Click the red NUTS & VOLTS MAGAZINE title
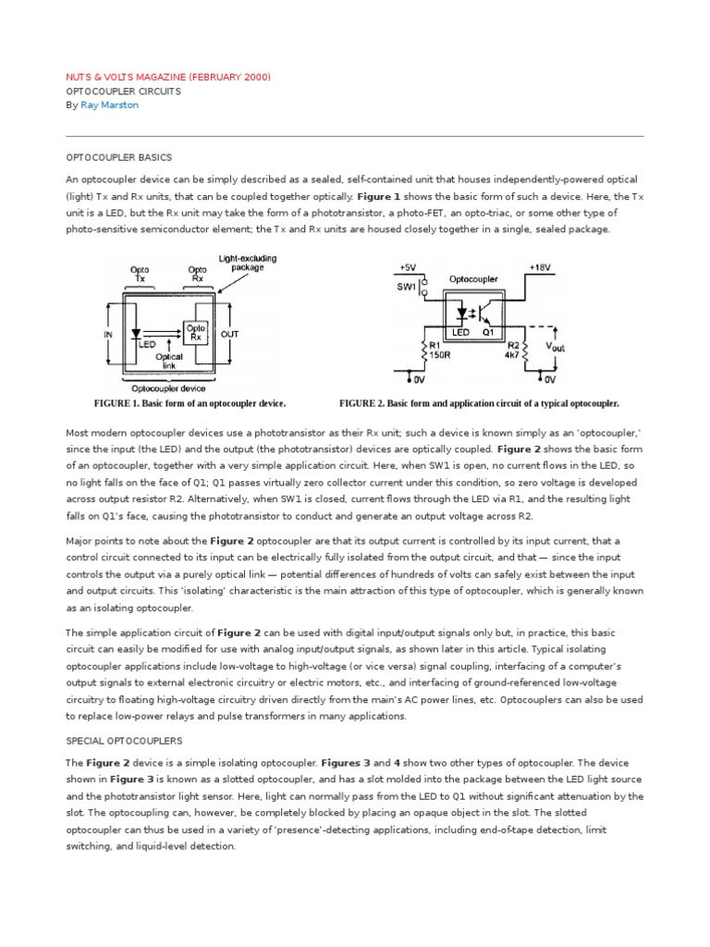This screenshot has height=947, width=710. point(168,77)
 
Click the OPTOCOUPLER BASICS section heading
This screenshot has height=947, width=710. point(119,157)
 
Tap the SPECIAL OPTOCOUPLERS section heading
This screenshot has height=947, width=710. point(124,741)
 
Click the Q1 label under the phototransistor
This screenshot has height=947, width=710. point(490,331)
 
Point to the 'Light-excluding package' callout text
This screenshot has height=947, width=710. point(247,264)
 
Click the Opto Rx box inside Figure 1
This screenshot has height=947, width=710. point(196,332)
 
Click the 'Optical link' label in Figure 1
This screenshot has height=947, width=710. point(169,361)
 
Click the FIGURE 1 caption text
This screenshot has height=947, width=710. point(190,404)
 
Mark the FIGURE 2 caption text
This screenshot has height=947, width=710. point(479,404)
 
